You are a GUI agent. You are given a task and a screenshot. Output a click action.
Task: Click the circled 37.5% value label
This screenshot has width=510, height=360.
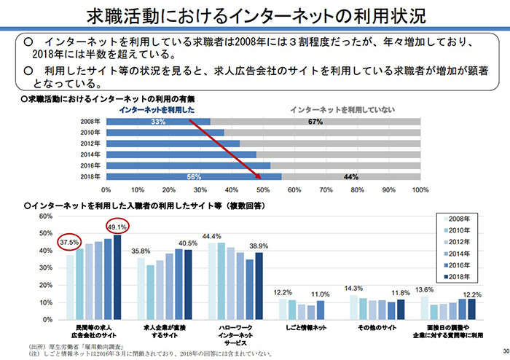tap(69, 243)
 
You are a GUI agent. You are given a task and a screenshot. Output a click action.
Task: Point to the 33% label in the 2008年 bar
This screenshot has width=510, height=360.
tap(159, 122)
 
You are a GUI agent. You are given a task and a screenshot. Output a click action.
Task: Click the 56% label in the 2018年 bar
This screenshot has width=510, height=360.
tap(194, 177)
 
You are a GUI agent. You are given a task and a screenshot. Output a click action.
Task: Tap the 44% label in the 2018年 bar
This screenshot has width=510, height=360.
tap(350, 177)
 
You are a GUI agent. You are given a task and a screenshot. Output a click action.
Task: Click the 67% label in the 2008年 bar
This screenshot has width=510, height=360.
tap(315, 122)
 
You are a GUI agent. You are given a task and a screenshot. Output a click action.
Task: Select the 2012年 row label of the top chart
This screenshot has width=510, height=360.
tap(90, 144)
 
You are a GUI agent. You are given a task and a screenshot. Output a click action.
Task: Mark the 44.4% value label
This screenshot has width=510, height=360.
tap(212, 236)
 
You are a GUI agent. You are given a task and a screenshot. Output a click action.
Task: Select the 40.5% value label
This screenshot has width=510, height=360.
tap(187, 243)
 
